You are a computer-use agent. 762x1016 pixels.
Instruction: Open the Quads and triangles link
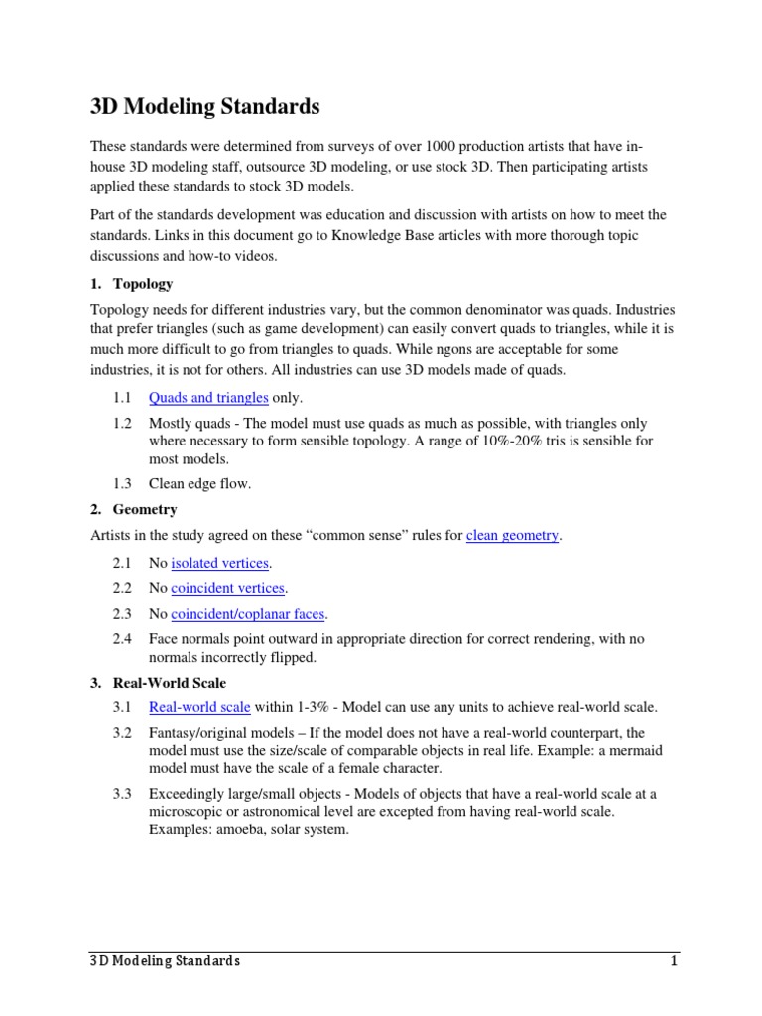click(208, 398)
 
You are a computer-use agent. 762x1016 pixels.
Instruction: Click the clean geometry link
click(512, 536)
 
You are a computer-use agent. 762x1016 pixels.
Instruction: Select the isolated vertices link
click(219, 563)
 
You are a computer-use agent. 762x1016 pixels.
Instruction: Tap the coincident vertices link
click(228, 588)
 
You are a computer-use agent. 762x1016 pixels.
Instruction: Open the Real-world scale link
click(199, 707)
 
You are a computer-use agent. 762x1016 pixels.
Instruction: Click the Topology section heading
click(142, 283)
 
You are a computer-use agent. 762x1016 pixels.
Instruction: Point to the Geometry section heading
click(144, 509)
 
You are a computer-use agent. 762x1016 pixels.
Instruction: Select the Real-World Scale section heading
click(170, 682)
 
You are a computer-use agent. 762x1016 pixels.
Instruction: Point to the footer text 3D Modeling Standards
click(160, 961)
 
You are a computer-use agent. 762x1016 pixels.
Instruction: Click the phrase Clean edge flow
click(199, 483)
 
